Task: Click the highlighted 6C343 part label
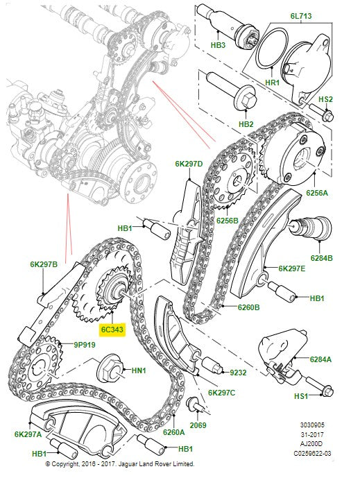(x=112, y=331)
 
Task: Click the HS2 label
(x=327, y=100)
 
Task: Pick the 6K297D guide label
(x=189, y=164)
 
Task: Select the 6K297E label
(x=293, y=268)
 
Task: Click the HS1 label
(x=321, y=396)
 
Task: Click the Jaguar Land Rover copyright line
(x=120, y=463)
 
